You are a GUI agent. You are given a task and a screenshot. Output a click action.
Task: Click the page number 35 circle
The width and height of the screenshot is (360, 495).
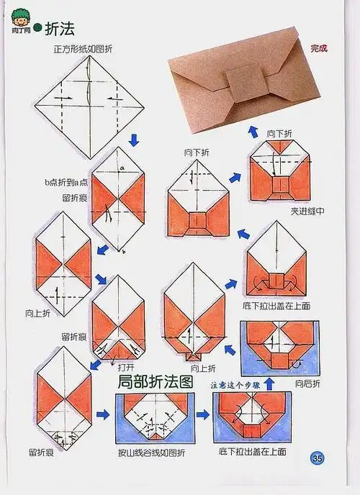pyautogui.click(x=318, y=458)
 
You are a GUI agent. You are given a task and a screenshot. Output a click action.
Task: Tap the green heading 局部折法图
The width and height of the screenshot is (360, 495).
pyautogui.click(x=156, y=381)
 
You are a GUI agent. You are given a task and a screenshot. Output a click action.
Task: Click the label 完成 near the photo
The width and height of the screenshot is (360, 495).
pyautogui.click(x=318, y=49)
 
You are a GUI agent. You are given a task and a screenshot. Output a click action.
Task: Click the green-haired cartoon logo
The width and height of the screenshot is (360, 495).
pyautogui.click(x=19, y=23)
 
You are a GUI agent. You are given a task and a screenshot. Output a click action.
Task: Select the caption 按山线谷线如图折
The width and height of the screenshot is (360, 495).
pyautogui.click(x=151, y=453)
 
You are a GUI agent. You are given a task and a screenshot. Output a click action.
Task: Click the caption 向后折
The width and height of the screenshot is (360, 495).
pyautogui.click(x=310, y=385)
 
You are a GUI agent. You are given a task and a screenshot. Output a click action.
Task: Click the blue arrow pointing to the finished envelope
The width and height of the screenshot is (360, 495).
pyautogui.click(x=253, y=130)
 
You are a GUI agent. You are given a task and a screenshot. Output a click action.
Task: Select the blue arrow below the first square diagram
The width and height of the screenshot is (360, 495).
pyautogui.click(x=133, y=137)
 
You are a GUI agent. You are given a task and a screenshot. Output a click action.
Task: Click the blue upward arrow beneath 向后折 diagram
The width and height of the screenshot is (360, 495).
pyautogui.click(x=269, y=382)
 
